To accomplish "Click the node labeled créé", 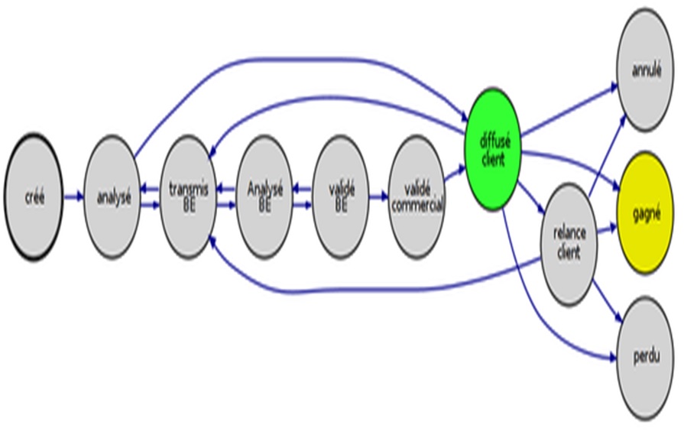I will (x=34, y=197).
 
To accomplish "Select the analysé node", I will (x=112, y=196).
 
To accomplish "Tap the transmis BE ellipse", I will (x=188, y=196).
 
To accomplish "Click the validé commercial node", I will (x=417, y=196).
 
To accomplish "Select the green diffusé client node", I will (x=494, y=149).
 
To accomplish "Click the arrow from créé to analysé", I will (x=73, y=197).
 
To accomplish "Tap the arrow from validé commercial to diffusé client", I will (x=455, y=173).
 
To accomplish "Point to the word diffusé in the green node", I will (x=494, y=141).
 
